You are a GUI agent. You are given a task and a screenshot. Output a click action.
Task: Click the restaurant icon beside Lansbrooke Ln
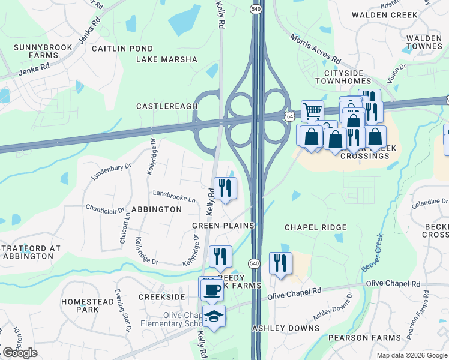(x=225, y=188)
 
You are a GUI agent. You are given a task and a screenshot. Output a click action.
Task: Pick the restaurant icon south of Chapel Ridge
(x=280, y=263)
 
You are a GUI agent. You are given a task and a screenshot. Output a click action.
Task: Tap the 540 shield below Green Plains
(x=253, y=263)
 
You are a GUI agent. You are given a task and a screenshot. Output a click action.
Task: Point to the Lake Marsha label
(x=166, y=59)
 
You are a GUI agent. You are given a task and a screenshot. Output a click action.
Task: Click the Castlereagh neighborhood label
(x=167, y=106)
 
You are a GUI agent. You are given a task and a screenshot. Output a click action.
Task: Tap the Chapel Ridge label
(x=315, y=227)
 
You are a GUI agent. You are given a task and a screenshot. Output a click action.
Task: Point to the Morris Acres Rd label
(x=315, y=50)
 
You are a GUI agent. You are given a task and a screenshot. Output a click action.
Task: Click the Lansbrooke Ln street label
(x=175, y=197)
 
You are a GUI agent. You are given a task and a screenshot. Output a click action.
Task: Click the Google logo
(x=20, y=353)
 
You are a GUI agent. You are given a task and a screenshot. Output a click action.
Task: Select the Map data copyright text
(x=411, y=355)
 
